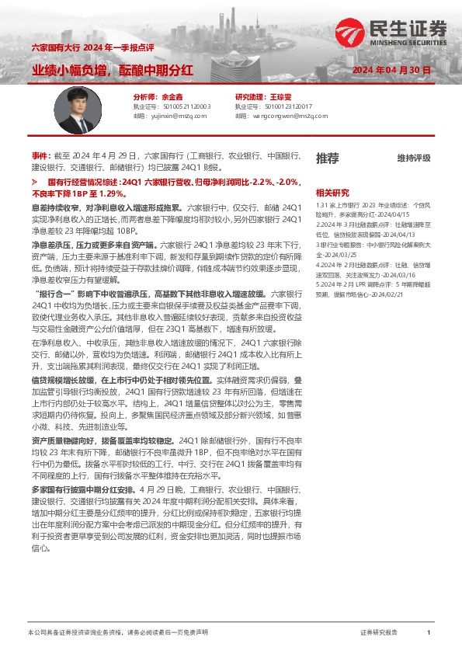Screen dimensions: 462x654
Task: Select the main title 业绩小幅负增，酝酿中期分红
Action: tap(112, 71)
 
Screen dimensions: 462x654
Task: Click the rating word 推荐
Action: tap(328, 158)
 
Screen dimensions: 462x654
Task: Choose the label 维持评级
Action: tap(413, 158)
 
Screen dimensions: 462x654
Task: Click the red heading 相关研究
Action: tap(332, 193)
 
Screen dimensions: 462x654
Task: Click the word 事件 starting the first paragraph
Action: tap(39, 156)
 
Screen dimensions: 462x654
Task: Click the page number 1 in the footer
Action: tap(429, 633)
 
